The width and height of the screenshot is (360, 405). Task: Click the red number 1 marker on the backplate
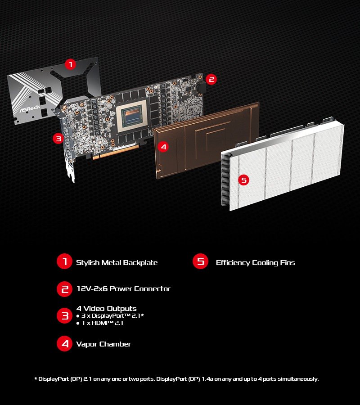pos(70,64)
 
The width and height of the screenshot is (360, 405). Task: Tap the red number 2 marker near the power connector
pos(211,80)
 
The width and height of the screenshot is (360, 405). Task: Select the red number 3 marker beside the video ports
pos(58,139)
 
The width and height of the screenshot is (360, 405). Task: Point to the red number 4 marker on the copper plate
pos(163,147)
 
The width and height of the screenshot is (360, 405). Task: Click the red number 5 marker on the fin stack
pos(243,180)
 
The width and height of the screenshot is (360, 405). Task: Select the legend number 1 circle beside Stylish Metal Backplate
pos(65,262)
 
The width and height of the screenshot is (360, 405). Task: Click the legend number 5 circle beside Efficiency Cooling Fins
pos(200,262)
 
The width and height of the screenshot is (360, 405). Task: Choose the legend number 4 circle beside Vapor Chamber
pos(65,344)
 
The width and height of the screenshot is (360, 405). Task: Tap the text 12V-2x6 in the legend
pos(92,289)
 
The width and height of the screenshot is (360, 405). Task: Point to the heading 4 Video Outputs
pos(106,309)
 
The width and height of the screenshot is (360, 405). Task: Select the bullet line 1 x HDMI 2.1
pos(100,323)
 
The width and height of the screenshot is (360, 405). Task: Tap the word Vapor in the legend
pos(87,344)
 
